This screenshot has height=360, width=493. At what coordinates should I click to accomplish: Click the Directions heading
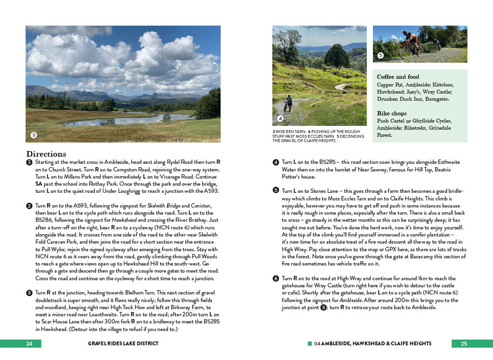[x=46, y=154]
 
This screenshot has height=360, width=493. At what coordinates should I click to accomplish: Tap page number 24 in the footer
[x=29, y=344]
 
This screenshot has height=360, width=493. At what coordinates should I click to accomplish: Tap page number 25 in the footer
[x=464, y=344]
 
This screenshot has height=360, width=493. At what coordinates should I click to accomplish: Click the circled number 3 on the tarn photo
[x=34, y=135]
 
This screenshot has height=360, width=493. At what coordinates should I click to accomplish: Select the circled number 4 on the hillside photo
[x=280, y=119]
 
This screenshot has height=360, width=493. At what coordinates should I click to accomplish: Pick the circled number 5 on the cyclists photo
[x=380, y=55]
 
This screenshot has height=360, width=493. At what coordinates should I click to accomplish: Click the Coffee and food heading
[x=398, y=77]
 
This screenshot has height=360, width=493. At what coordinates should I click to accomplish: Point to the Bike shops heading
[x=391, y=114]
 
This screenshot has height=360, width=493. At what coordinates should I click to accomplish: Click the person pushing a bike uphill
[x=288, y=103]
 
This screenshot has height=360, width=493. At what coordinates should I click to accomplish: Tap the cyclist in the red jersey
[x=411, y=42]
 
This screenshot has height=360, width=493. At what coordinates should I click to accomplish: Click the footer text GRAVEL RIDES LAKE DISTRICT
[x=123, y=344]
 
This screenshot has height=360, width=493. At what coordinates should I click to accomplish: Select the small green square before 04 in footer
[x=310, y=344]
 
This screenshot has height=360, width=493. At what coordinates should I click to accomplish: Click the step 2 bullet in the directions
[x=29, y=206]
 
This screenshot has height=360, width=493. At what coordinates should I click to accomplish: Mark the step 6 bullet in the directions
[x=276, y=279]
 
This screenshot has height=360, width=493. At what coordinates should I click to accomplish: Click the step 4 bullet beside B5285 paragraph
[x=276, y=162]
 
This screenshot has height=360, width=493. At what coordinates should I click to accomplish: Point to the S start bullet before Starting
[x=29, y=162]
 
